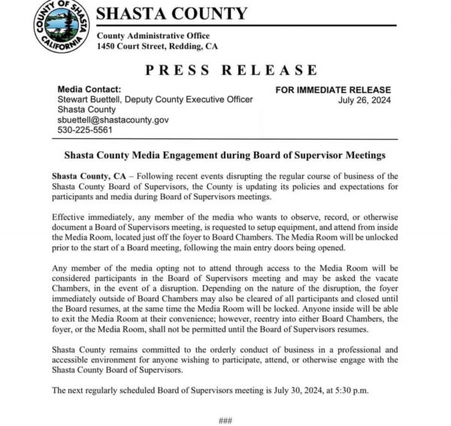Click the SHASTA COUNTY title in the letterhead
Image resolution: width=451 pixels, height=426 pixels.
[172, 14]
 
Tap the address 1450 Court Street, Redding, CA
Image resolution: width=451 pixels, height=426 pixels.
[157, 46]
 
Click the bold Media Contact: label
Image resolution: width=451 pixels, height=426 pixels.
[89, 89]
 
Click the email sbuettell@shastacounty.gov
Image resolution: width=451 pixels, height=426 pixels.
[113, 119]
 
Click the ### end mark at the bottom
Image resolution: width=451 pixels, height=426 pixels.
[225, 420]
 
